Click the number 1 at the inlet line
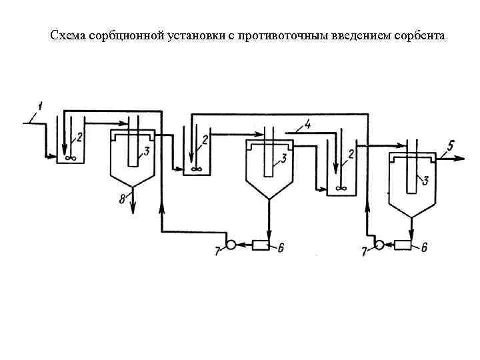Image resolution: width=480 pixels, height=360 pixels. coord(40,105)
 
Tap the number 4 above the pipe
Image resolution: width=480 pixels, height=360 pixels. coord(307,124)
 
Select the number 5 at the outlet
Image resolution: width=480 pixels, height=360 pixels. coord(451,147)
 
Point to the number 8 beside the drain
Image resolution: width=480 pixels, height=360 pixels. coord(123,199)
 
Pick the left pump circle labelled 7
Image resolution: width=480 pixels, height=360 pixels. coord(231,245)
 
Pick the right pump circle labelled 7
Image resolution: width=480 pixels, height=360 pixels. coord(379,245)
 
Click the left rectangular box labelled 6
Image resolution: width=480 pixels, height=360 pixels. coord(260,245)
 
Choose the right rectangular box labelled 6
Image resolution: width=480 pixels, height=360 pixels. coord(403,245)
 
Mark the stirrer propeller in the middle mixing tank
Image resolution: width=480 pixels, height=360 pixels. coord(196,169)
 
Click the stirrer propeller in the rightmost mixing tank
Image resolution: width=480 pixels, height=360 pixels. coord(341,189)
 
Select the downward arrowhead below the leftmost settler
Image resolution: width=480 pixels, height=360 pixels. coord(133,209)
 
